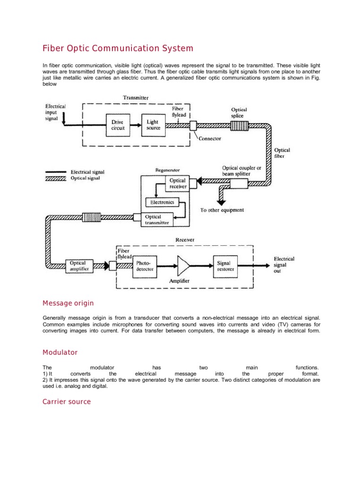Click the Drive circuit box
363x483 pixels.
pos(118,125)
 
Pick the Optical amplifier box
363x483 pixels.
pos(78,266)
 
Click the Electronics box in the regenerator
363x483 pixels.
pos(162,202)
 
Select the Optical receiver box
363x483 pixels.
pos(177,183)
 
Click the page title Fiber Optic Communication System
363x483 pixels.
pos(118,48)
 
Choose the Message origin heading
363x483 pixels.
pos(68,303)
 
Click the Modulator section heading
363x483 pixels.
pos(60,352)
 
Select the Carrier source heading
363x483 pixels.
pos(67,402)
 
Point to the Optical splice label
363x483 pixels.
pos(239,112)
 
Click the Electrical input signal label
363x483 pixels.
pos(55,112)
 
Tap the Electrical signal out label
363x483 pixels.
pos(284,265)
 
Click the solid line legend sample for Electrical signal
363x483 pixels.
pos(56,173)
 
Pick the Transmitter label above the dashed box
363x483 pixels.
pos(136,98)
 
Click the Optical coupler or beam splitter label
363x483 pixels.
pos(243,171)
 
